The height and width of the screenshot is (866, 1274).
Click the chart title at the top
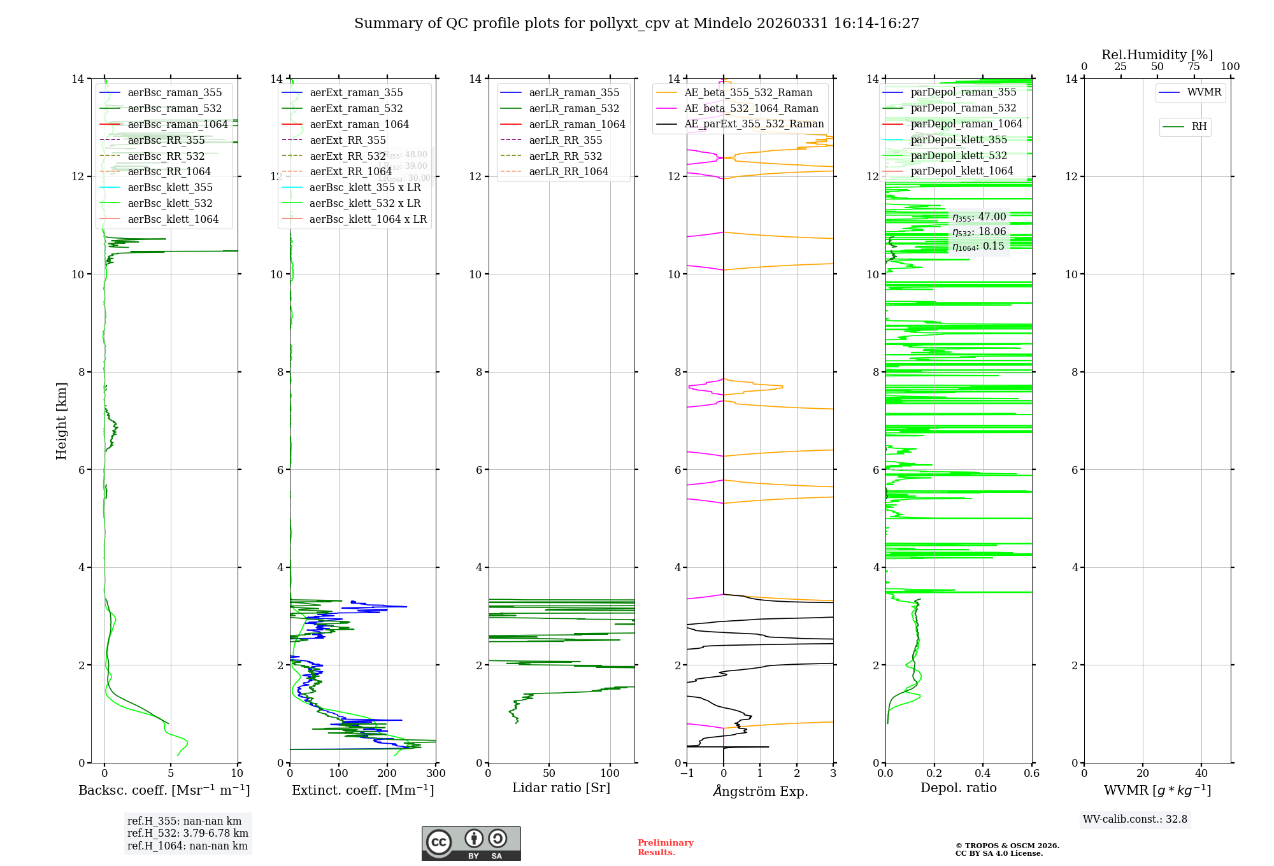(x=636, y=24)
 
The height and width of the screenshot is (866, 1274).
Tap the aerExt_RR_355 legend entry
(x=347, y=140)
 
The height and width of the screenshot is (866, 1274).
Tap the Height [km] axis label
(x=61, y=420)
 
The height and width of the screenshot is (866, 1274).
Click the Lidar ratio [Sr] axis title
(x=561, y=788)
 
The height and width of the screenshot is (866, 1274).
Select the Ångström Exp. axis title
(x=760, y=791)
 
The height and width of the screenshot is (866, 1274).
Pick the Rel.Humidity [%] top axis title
(x=1157, y=55)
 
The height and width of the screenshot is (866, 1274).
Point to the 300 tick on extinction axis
(x=436, y=774)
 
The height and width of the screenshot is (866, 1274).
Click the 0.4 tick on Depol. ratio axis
(x=983, y=774)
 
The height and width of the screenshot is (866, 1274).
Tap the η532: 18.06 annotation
(x=979, y=232)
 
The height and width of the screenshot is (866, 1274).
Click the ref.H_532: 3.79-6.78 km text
(x=187, y=833)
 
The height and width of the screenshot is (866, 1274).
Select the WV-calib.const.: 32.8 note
(x=1134, y=820)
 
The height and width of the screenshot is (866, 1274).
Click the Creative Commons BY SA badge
(x=471, y=843)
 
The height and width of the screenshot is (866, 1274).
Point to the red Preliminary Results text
(x=665, y=848)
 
